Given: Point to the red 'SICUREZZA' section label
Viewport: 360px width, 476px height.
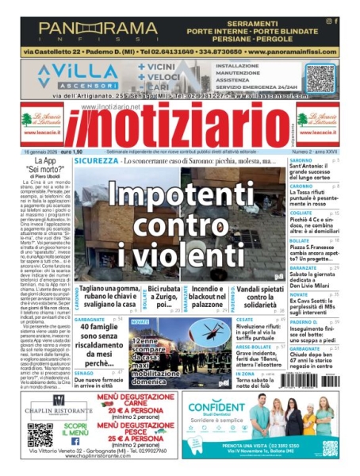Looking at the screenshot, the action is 96,162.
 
